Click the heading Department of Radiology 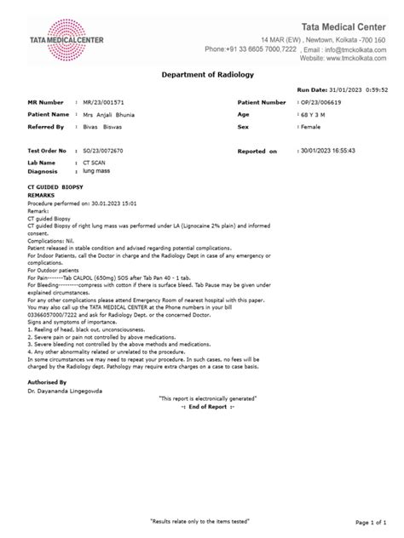[x=202, y=75]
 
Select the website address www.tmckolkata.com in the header [x=345, y=59]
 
